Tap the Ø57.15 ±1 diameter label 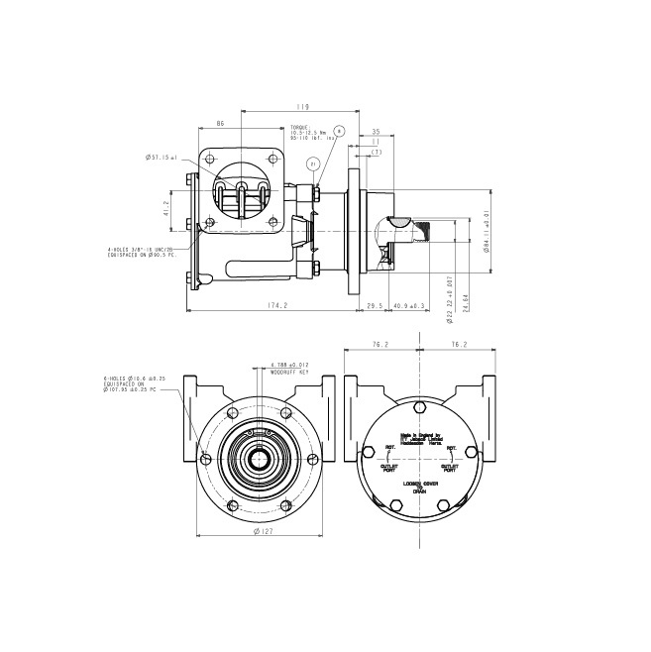point(161,157)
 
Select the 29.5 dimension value point(376,306)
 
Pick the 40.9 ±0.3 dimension point(408,306)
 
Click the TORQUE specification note point(307,133)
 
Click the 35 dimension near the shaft point(377,131)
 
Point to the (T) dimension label point(377,152)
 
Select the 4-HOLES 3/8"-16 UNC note point(142,252)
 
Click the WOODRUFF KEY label point(289,372)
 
